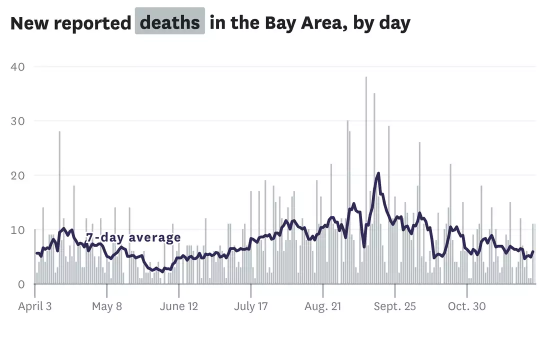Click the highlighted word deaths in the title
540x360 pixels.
[169, 22]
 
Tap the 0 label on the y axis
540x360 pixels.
[21, 284]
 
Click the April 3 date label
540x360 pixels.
[34, 306]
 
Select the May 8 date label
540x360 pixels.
[106, 306]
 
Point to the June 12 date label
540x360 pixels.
[178, 306]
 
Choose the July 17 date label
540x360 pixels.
[250, 306]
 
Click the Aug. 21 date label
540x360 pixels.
[322, 306]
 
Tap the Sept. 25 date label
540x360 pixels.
[394, 306]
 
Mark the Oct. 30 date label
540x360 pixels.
[466, 306]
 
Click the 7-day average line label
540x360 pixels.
[133, 237]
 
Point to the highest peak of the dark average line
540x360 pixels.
[378, 173]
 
